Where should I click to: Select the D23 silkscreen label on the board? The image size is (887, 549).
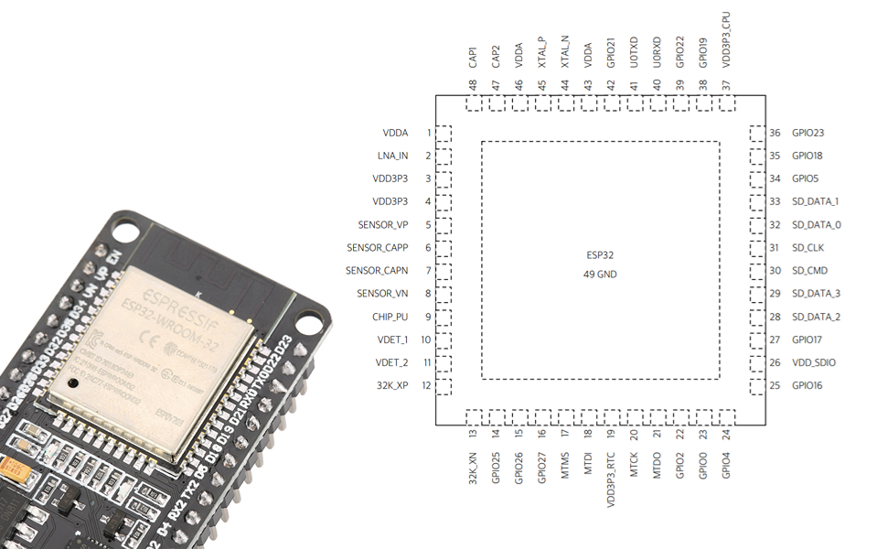coord(283,346)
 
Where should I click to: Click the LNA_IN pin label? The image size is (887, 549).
coord(392,156)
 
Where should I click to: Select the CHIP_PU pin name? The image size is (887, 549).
coord(390,317)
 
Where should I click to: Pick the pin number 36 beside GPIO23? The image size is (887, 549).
coord(775,133)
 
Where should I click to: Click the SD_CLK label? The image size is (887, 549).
coord(809,248)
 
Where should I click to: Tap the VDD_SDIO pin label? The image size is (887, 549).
coord(814,362)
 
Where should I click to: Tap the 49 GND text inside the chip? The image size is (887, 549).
coord(600,274)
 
